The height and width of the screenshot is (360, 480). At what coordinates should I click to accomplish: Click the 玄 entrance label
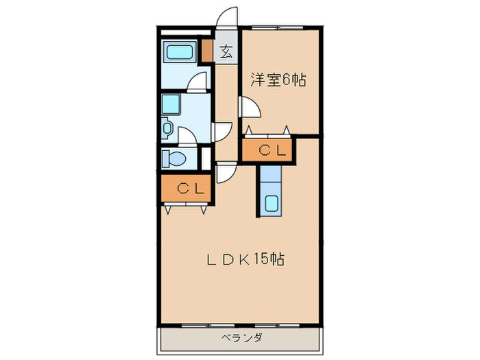226,51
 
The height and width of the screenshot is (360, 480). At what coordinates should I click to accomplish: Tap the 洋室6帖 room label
277,80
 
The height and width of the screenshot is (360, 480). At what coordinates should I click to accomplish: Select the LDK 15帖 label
247,259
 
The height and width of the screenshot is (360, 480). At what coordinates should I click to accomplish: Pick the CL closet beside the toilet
187,189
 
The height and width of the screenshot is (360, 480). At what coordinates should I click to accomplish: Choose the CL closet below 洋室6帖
267,149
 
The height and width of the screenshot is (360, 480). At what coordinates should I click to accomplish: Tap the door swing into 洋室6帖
248,108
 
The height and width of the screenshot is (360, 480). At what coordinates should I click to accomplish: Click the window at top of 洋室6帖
278,27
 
